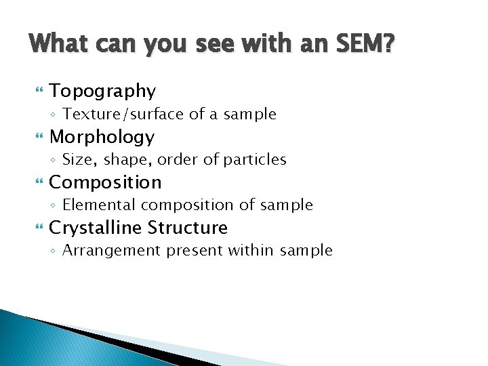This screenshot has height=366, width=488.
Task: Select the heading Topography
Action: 102,91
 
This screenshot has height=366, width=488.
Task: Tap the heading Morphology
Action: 102,137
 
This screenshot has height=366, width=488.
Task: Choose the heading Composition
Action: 105,182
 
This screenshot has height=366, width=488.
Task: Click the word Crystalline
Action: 95,228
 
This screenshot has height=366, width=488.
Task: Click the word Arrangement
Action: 108,250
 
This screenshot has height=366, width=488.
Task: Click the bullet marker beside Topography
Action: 38,91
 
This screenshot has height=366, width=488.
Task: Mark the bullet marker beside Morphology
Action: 38,137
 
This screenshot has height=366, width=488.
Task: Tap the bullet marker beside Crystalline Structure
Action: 38,228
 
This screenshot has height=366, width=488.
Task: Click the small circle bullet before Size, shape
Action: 54,161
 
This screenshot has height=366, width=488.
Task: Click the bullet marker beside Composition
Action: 38,182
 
